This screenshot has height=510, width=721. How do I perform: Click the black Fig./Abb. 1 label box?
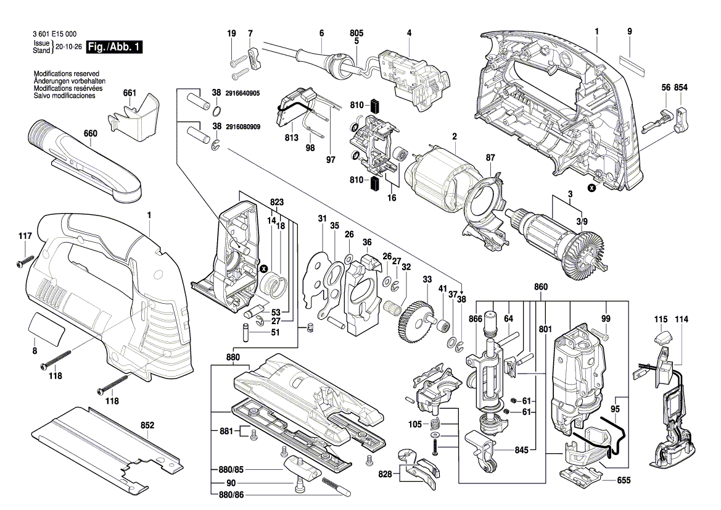tap(114, 47)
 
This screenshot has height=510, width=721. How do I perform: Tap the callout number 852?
tap(147, 425)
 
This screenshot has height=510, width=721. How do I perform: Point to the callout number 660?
tap(91, 133)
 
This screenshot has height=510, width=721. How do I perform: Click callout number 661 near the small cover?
tap(129, 93)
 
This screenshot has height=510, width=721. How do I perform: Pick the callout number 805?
tap(356, 32)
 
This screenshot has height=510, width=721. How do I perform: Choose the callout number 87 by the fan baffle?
tap(490, 158)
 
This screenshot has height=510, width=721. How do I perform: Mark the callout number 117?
tap(25, 235)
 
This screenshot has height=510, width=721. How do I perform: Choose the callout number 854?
tap(681, 88)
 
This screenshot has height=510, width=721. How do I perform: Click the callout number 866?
tap(475, 319)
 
